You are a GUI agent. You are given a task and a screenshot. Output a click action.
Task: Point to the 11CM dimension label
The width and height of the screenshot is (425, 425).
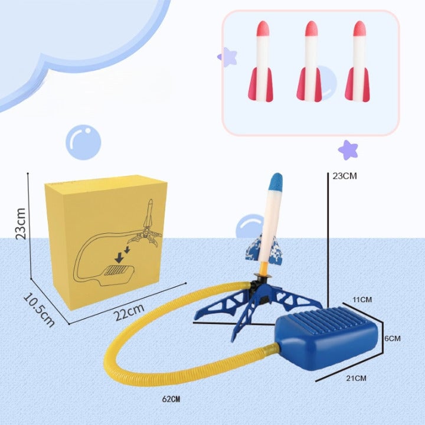coord(363,300)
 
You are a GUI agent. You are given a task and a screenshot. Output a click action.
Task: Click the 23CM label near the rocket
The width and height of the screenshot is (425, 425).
coord(345,175)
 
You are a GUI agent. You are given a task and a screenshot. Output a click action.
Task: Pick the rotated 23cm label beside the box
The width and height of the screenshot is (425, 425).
coord(20,223)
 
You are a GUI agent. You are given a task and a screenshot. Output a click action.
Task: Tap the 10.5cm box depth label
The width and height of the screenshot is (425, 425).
coord(39,309)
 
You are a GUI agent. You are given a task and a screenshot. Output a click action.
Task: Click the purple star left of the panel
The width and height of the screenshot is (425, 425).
coord(227,57)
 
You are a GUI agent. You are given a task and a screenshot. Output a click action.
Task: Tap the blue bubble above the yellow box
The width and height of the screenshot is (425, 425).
coord(83,142)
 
